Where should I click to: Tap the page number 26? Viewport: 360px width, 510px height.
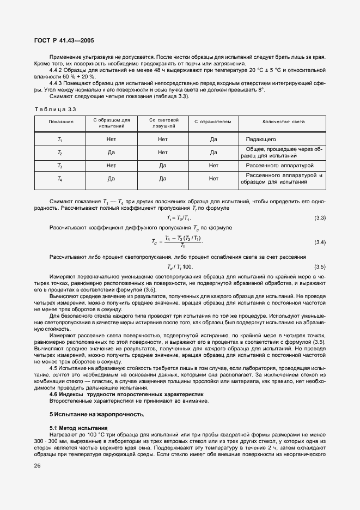click(37, 465)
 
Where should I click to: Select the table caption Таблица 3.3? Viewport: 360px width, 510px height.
click(54, 109)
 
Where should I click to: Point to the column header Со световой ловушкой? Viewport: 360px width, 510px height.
click(162, 123)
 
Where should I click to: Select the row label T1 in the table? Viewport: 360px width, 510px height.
click(60, 139)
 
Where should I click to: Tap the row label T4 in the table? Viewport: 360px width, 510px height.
click(60, 178)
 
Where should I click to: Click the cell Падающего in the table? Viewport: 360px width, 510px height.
click(261, 139)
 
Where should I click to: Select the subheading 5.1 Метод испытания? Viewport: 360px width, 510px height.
click(78, 428)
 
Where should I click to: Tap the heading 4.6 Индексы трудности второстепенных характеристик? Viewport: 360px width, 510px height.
click(126, 393)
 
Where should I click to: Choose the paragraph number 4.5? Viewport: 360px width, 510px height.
click(53, 369)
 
